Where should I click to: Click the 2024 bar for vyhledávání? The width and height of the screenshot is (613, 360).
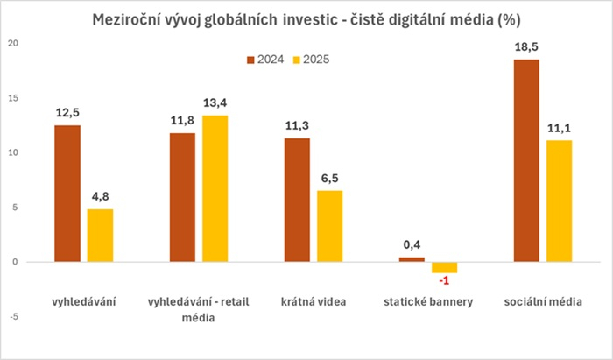pyautogui.click(x=67, y=193)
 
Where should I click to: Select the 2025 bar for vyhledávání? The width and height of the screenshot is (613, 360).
pyautogui.click(x=100, y=235)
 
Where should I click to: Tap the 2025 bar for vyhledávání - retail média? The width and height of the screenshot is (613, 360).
pyautogui.click(x=215, y=188)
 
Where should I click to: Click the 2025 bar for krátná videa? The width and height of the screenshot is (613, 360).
pyautogui.click(x=329, y=226)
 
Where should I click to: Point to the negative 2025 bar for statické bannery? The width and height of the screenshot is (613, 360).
pyautogui.click(x=444, y=267)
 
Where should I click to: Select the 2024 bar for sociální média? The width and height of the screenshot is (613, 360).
pyautogui.click(x=526, y=160)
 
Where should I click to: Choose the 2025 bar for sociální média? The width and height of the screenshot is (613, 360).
pyautogui.click(x=559, y=201)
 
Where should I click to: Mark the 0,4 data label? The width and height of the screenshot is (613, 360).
pyautogui.click(x=412, y=246)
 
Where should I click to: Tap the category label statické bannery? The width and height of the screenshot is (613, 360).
pyautogui.click(x=428, y=302)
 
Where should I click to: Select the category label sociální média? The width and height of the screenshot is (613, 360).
pyautogui.click(x=543, y=302)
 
